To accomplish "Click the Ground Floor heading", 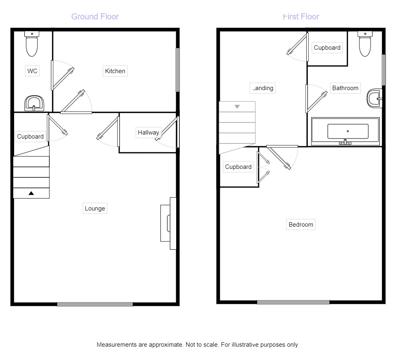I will [95, 17].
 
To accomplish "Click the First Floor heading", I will [301, 17].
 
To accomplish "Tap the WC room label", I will [32, 71].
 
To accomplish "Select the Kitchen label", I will [115, 71].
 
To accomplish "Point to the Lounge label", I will [95, 208].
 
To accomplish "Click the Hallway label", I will [148, 133].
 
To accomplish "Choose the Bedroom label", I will [301, 225].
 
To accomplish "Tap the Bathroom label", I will [345, 88].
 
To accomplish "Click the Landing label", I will [263, 88].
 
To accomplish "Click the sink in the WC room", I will [34, 103].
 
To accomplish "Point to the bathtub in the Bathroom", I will [345, 132].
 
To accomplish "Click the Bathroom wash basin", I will [375, 98].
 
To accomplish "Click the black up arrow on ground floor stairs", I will [31, 193].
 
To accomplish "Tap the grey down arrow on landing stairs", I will [237, 107].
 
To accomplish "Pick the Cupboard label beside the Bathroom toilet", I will [327, 48].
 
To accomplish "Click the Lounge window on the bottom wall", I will [95, 304].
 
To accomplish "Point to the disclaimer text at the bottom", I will [197, 345].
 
